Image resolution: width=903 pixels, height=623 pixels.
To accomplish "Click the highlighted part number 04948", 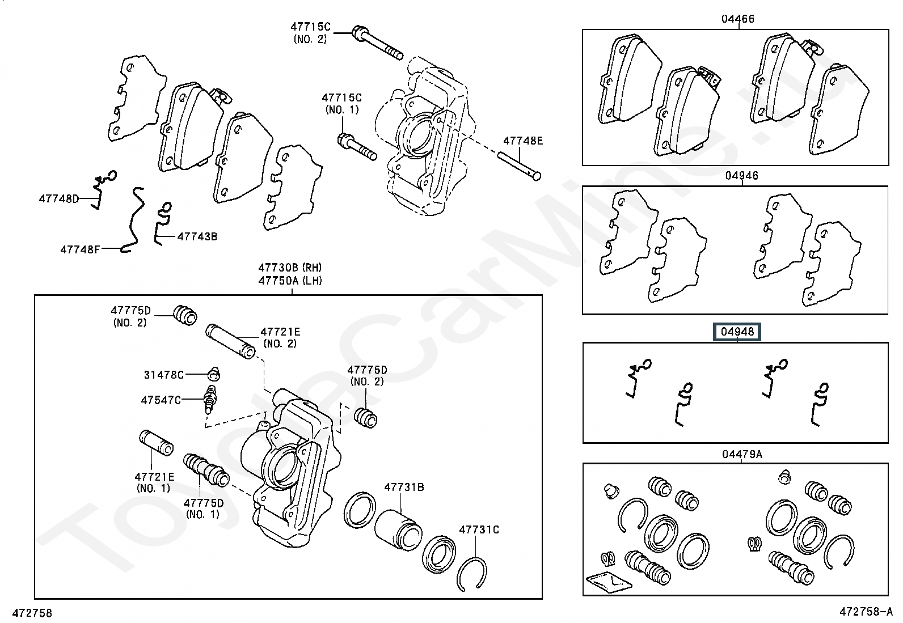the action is tap(737, 332).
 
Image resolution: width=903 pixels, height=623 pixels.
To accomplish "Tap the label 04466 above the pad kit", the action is tap(738, 19).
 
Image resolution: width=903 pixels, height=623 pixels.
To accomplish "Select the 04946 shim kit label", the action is tap(742, 175).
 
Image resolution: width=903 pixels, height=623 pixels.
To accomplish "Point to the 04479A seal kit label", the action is tap(742, 454).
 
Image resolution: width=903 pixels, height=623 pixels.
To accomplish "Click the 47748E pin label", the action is tap(523, 141).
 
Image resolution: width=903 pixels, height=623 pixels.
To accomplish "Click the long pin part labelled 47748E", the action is tap(519, 166).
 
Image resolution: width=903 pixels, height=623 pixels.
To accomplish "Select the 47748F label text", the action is tap(80, 249).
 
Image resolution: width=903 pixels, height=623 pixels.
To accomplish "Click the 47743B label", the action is tap(197, 236).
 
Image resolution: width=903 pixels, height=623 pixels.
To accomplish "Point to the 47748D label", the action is tap(59, 198).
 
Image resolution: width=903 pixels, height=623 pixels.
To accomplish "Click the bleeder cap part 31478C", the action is tap(214, 374).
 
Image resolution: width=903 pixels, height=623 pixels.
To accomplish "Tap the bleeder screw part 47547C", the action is tap(210, 400).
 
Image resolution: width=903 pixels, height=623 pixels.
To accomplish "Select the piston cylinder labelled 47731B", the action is tap(398, 530).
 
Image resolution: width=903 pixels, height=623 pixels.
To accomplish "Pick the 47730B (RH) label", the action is tap(290, 268).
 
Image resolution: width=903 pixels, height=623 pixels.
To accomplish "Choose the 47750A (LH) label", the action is tap(290, 281).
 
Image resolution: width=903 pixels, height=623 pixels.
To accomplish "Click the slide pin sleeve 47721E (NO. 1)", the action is tap(157, 443).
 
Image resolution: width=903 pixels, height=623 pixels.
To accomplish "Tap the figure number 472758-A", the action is tap(866, 612).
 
